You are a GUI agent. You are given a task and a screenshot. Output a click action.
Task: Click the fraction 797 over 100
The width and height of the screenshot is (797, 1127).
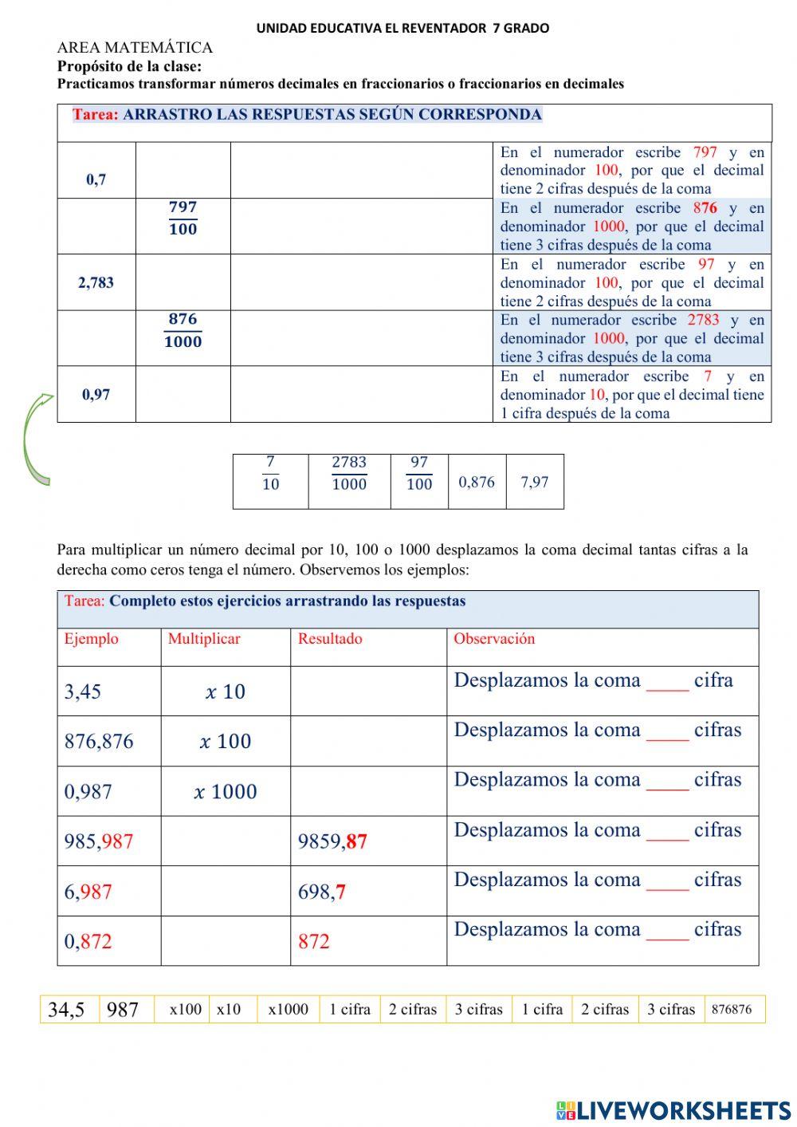coord(183,218)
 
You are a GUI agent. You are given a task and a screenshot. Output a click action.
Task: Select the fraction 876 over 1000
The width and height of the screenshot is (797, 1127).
coord(183,330)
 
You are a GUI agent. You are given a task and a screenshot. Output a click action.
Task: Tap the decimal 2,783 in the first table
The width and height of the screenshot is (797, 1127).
coord(96,282)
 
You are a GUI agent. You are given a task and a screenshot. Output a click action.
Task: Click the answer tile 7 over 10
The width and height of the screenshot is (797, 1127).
coord(270,473)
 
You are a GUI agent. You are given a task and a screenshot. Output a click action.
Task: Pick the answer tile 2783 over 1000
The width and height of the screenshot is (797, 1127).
coord(349,473)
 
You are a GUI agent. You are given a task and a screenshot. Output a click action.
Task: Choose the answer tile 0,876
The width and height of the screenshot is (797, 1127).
coord(477,482)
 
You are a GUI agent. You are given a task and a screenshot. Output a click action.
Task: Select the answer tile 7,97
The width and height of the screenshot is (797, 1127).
coord(534,482)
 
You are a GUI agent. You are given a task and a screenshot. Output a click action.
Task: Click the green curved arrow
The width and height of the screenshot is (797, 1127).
coord(36,439)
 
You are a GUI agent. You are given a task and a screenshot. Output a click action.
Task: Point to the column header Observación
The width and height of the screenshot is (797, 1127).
coord(494,639)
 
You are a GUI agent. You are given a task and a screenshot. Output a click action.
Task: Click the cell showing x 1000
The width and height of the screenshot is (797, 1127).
coord(226,791)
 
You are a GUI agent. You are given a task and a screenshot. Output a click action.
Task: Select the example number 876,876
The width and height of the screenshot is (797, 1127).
coord(99,741)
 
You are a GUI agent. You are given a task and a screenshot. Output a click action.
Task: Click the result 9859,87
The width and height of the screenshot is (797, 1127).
coord(332,841)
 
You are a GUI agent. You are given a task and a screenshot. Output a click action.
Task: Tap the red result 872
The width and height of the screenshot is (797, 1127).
coord(313,941)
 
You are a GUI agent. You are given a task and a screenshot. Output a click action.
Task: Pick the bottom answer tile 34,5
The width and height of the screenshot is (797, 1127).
coord(66,1010)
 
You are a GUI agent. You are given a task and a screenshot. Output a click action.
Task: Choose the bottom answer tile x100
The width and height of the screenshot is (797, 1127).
coord(185,1010)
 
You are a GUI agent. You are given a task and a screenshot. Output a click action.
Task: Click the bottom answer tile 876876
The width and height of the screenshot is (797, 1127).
coord(732,1010)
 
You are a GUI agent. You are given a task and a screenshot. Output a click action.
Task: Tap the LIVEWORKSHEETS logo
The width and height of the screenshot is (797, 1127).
coord(673,1109)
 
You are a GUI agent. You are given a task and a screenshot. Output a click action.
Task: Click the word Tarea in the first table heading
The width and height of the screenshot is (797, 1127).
coord(95,114)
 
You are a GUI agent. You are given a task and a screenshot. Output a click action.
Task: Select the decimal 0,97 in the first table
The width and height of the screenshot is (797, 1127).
coord(96,394)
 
